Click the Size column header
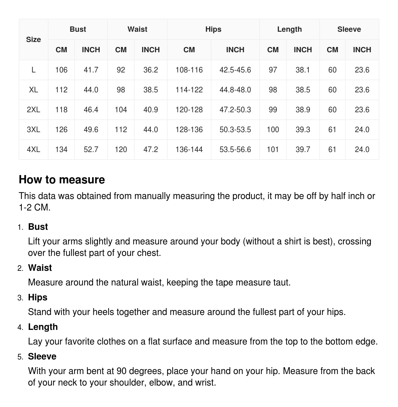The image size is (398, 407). [x=33, y=39]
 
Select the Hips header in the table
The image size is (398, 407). [x=213, y=29]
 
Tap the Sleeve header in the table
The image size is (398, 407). [x=349, y=29]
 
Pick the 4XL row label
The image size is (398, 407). [x=33, y=150]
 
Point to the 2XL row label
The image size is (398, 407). [x=33, y=110]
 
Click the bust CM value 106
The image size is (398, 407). [x=61, y=70]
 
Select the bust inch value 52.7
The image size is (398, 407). [x=91, y=150]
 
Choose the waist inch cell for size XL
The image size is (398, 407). [x=150, y=90]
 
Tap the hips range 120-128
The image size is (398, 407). [x=189, y=110]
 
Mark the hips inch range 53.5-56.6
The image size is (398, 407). [x=235, y=150]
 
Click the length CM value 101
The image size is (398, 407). [x=273, y=150]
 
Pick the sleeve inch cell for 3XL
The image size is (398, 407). [x=362, y=130]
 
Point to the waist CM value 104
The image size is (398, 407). [x=121, y=110]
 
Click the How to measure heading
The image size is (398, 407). [x=62, y=180]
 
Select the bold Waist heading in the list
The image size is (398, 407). [x=40, y=268]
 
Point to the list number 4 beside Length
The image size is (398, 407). [x=20, y=327]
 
